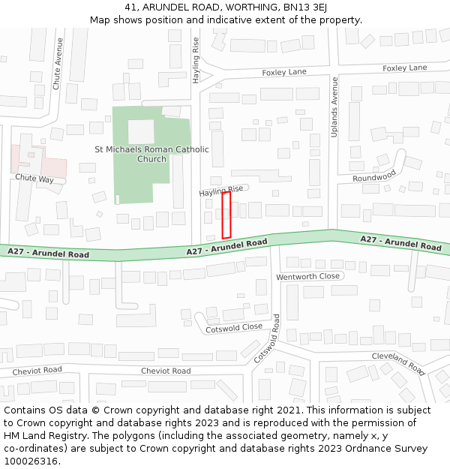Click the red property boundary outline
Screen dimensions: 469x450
[x=226, y=215]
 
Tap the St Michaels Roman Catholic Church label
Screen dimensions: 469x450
[x=151, y=154]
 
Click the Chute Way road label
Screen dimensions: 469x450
[x=35, y=179]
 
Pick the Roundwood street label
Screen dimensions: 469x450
[x=374, y=176]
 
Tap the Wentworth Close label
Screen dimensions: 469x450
[x=307, y=277]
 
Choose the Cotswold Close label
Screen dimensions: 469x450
[x=234, y=327]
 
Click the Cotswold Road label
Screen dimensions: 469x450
[x=266, y=338]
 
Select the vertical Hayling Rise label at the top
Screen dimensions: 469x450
[x=196, y=59]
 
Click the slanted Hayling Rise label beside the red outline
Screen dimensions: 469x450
[x=221, y=191]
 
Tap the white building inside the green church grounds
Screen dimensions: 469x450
[x=140, y=131]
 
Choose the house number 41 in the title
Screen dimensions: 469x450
[x=131, y=7]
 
